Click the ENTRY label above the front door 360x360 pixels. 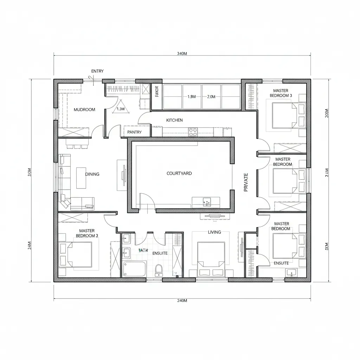pos(97,71)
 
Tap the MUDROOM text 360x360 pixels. pos(84,110)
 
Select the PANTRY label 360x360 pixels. pos(134,132)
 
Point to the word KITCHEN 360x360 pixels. pos(174,120)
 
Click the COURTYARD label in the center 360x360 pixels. pos(179,173)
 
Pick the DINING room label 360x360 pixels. pos(92,174)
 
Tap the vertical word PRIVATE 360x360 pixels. pos(246,182)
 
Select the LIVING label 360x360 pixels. pos(214,232)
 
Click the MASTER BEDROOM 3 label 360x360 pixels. pos(281,93)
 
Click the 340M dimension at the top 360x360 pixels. pos(182,54)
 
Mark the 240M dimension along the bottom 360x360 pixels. pos(182,301)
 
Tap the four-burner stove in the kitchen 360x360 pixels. pos(193,132)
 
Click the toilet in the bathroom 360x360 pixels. pos(159,270)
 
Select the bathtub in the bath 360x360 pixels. pos(134,269)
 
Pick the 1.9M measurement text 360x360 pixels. pos(192,97)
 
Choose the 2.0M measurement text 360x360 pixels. pos(211,97)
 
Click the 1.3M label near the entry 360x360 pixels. pos(121,109)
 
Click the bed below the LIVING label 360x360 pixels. pos(211,258)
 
